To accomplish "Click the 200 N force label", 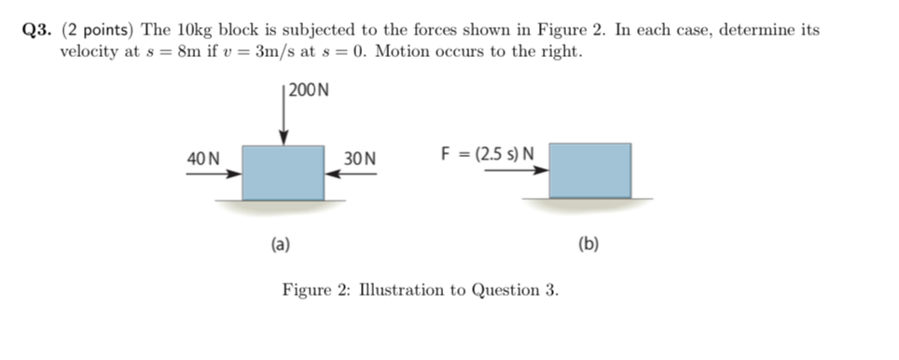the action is (x=310, y=90).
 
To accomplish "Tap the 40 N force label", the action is (x=203, y=159).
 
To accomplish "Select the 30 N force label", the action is (x=359, y=159).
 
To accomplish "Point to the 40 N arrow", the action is (x=214, y=173).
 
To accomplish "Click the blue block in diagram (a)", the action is (x=283, y=173).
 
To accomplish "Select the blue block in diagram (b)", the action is (x=589, y=171).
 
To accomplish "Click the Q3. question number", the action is (x=38, y=30).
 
